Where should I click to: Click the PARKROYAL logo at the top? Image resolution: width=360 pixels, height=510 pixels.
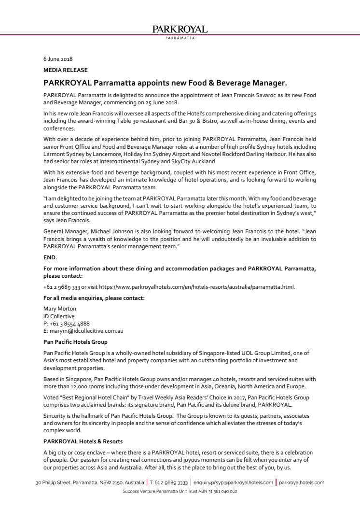pos(180,30)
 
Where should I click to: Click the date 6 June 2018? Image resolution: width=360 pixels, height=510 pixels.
pos(58,59)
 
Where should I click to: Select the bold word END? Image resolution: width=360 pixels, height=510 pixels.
pos(50,257)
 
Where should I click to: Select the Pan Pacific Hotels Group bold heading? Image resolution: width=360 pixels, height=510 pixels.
pos(75,341)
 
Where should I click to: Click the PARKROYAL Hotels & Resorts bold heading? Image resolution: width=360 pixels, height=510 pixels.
pos(83,441)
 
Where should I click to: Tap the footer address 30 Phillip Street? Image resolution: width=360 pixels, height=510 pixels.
pos(90,482)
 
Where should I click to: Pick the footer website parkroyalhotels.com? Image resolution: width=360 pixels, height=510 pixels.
pos(302,482)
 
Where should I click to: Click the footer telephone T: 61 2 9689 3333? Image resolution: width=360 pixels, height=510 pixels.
pos(168,482)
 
